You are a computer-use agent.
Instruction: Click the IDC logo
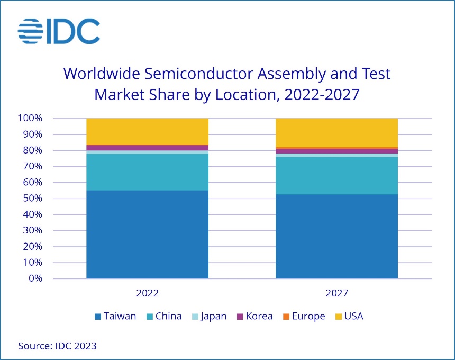[x=59, y=31]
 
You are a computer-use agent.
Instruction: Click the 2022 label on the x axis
[x=147, y=293]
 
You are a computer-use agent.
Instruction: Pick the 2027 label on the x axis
[x=337, y=293]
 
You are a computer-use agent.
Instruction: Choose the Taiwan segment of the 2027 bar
[x=337, y=236]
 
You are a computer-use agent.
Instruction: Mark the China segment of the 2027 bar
[x=337, y=176]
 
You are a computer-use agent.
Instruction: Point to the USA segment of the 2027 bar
[x=337, y=132]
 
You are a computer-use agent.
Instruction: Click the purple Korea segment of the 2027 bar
[x=337, y=151]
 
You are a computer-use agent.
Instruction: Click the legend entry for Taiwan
[x=115, y=317]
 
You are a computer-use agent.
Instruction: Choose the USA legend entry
[x=349, y=317]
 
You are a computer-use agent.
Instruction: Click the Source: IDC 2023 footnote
[x=57, y=346]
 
